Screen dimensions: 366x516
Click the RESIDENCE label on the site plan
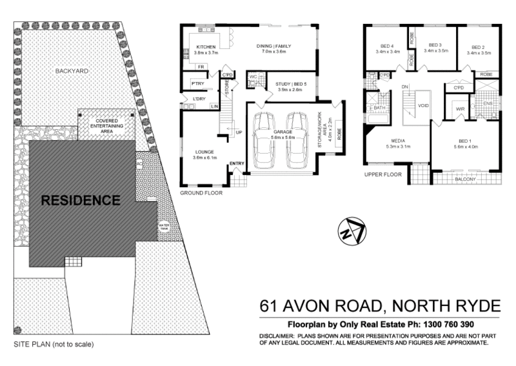[x=81, y=200]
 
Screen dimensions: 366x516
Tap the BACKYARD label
[x=72, y=70]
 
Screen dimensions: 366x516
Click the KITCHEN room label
[x=206, y=47]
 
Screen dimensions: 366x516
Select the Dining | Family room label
[x=271, y=47]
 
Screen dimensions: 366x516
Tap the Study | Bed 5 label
[x=290, y=85]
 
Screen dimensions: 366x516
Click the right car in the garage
[x=299, y=139]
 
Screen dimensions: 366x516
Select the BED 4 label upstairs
[x=387, y=47]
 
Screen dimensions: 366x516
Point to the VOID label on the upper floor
[x=424, y=105]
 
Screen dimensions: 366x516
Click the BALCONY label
[x=464, y=179]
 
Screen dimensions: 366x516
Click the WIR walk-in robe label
[x=461, y=109]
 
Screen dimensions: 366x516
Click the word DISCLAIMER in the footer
[x=278, y=336]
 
